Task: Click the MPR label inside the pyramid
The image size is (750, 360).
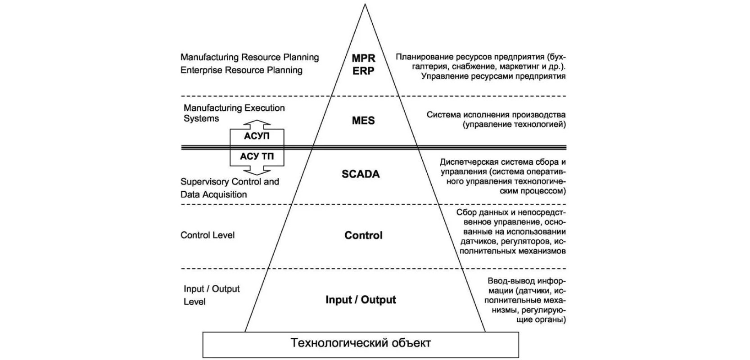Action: click(x=363, y=58)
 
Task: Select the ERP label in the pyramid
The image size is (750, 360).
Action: click(x=363, y=71)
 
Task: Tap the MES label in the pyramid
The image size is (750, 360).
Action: click(x=363, y=121)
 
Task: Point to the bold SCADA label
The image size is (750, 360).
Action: click(x=361, y=174)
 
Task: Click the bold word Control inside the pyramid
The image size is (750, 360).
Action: click(x=363, y=235)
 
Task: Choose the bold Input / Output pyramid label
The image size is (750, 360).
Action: click(x=361, y=300)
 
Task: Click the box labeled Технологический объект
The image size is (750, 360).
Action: click(x=361, y=344)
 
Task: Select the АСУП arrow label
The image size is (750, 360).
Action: click(x=257, y=136)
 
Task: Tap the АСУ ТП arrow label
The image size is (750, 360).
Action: click(x=257, y=157)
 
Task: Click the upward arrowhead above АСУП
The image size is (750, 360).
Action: click(x=257, y=124)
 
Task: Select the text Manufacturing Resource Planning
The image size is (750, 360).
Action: click(x=249, y=58)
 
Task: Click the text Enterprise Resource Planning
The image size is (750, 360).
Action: click(x=241, y=70)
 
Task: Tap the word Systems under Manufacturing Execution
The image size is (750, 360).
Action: click(x=201, y=119)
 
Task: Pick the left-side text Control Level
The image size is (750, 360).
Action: click(x=208, y=235)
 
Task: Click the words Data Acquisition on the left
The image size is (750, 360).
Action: click(x=214, y=194)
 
